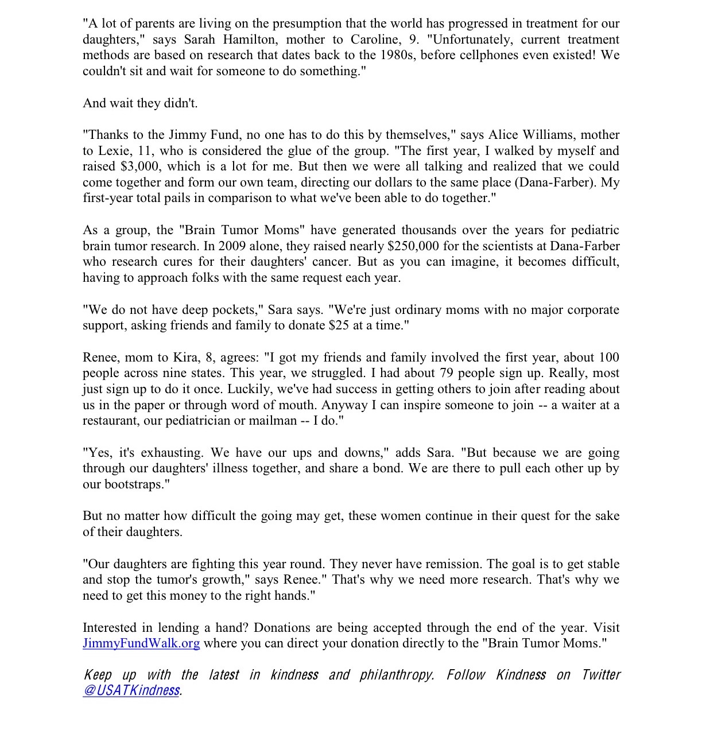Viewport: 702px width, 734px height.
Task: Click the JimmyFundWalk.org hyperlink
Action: [141, 643]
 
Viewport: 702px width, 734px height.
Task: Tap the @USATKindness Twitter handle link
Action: [131, 690]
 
